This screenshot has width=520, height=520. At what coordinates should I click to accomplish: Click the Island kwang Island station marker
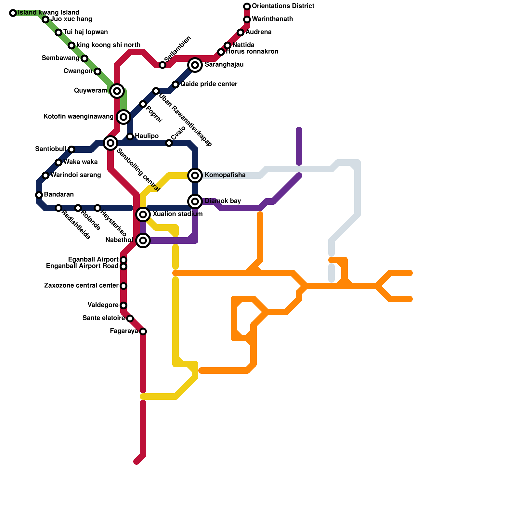[x=13, y=13]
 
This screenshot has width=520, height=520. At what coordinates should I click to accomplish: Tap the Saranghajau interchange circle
[x=195, y=65]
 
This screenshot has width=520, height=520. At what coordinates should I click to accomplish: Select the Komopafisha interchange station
[x=195, y=175]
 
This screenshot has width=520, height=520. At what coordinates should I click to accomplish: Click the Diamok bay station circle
[x=195, y=201]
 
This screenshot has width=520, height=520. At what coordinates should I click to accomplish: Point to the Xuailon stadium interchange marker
[x=143, y=214]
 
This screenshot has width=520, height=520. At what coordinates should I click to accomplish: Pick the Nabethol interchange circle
[x=143, y=240]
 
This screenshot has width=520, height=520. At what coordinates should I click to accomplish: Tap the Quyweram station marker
[x=117, y=91]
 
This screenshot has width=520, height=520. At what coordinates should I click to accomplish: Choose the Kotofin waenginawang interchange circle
[x=123, y=117]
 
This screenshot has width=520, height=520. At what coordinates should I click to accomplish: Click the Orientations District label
[x=283, y=6]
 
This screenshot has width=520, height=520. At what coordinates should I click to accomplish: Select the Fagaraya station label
[x=124, y=331]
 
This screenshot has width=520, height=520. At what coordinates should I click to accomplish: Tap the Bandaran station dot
[x=39, y=195]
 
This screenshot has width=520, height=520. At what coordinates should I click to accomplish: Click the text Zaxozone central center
[x=81, y=286]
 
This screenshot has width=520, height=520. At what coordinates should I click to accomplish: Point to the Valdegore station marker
[x=123, y=305]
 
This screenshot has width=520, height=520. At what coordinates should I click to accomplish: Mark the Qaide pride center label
[x=209, y=84]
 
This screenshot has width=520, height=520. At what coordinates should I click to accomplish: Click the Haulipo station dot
[x=130, y=136]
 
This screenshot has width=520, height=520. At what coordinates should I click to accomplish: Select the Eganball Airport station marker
[x=123, y=260]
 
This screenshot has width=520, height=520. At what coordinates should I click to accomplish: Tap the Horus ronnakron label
[x=252, y=52]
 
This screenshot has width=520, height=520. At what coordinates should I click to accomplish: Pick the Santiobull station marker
[x=71, y=149]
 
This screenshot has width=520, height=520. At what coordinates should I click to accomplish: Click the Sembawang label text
[x=60, y=58]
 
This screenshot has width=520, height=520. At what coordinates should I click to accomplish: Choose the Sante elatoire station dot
[x=130, y=318]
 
